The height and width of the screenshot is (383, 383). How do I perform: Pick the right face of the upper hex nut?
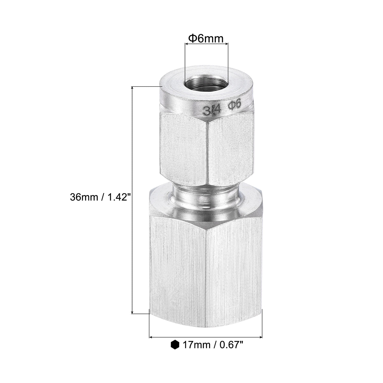[x=230, y=149]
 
